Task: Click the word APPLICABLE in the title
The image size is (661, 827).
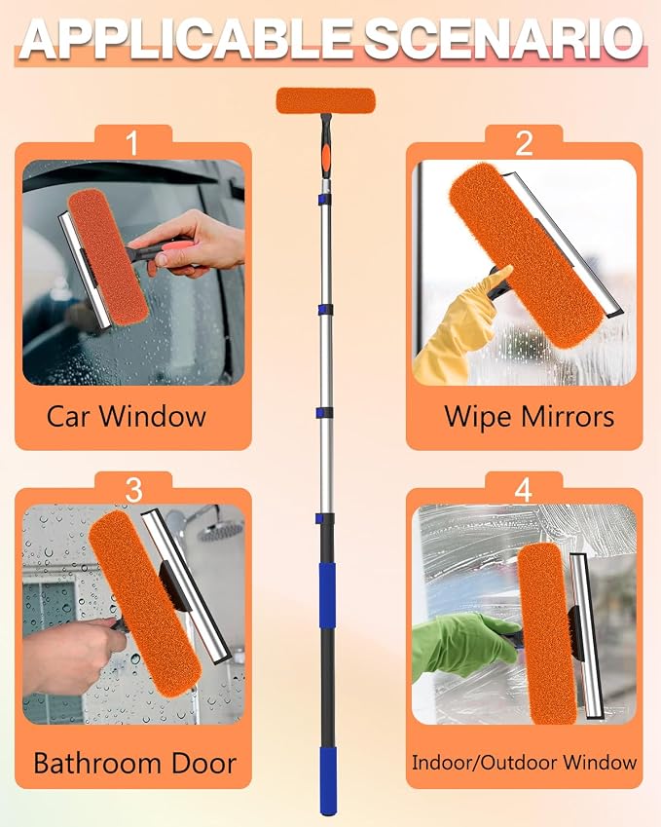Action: (x=187, y=40)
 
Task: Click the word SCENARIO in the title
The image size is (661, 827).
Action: (x=504, y=40)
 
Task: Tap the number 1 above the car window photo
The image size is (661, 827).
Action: (x=132, y=143)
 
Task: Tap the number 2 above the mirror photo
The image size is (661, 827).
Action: (x=524, y=143)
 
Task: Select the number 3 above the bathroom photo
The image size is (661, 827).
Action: (x=134, y=490)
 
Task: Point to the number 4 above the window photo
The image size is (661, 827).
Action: (x=523, y=490)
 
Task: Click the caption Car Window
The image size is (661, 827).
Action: (x=126, y=416)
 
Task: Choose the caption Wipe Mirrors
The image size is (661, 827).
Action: (x=530, y=416)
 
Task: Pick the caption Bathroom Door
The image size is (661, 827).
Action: (x=135, y=763)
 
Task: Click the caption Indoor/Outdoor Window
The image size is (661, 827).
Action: (x=524, y=762)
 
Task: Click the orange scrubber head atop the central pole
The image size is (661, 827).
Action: (x=326, y=100)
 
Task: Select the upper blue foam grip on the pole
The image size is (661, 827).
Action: (x=327, y=595)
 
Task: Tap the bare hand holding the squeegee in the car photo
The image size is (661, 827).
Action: (x=191, y=244)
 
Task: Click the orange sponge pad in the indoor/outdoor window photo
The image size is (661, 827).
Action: (x=546, y=633)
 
